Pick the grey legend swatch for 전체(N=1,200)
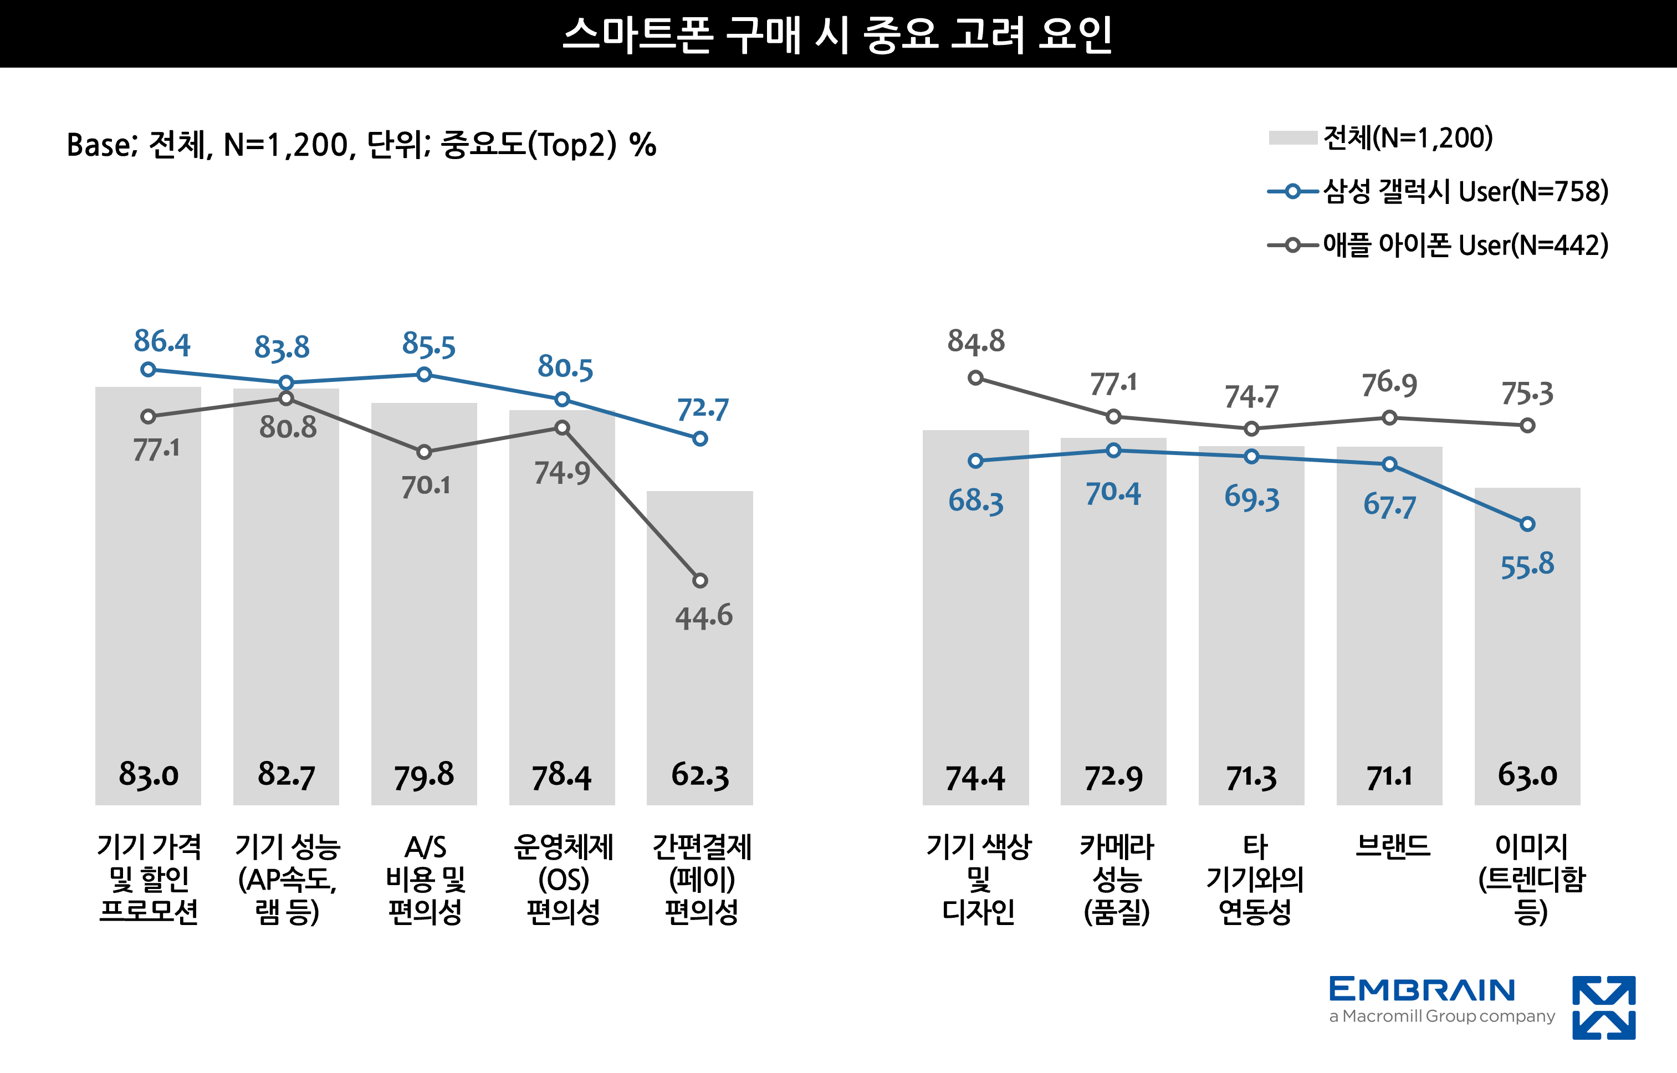click(x=1292, y=138)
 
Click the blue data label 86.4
click(x=162, y=342)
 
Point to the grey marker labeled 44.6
click(x=700, y=580)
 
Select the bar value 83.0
click(x=149, y=774)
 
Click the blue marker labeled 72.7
click(x=700, y=439)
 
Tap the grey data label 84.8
click(x=975, y=341)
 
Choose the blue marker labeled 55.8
click(x=1527, y=524)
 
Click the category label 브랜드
click(x=1392, y=846)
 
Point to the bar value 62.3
click(x=700, y=774)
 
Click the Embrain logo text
click(x=1422, y=990)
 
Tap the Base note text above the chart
click(x=361, y=145)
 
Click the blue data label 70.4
click(x=1113, y=493)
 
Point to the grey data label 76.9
click(x=1389, y=384)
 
